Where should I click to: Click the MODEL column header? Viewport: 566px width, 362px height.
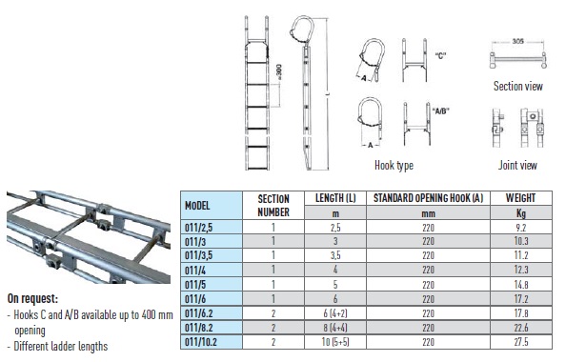[197, 206]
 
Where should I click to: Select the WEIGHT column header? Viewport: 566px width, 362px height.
[520, 198]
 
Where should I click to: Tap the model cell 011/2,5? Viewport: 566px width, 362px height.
[198, 228]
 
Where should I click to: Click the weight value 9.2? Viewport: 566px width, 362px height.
[520, 228]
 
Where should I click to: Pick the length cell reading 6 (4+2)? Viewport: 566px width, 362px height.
[335, 313]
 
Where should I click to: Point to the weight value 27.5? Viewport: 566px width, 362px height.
[521, 342]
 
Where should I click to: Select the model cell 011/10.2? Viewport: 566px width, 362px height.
[201, 342]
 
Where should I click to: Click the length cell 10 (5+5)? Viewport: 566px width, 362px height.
[335, 342]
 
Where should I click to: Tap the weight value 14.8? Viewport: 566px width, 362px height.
[521, 285]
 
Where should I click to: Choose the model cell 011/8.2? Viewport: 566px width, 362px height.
[199, 328]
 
